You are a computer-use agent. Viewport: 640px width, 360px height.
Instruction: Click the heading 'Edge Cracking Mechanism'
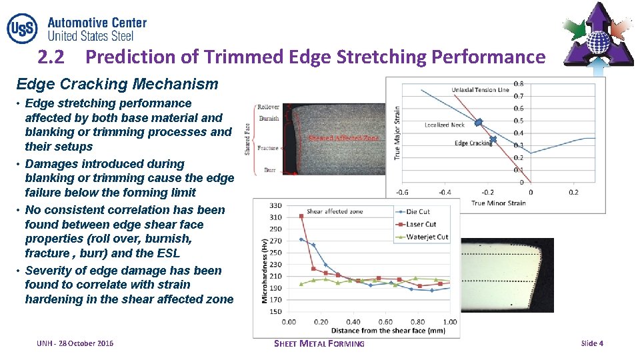117,84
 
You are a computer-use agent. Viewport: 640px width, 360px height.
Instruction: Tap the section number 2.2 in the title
51,57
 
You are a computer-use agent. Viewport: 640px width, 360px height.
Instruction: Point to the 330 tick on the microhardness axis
275,205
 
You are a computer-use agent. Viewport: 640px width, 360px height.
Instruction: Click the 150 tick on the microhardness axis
275,311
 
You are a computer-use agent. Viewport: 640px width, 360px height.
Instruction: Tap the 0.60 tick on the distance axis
385,322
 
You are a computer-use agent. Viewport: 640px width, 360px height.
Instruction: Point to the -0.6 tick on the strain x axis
402,193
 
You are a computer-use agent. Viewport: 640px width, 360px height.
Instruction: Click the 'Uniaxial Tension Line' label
480,90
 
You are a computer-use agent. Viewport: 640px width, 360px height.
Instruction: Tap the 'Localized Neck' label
445,125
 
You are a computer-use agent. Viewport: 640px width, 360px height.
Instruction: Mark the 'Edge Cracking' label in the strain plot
473,143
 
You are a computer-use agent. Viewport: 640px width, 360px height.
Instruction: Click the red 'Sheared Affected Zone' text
343,139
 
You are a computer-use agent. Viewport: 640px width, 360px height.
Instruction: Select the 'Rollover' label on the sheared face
269,107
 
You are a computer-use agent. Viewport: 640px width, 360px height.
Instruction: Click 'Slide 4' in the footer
592,343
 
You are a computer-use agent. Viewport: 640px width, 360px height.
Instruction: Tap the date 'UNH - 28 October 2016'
75,343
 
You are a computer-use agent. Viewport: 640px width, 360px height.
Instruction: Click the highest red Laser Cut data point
301,216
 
